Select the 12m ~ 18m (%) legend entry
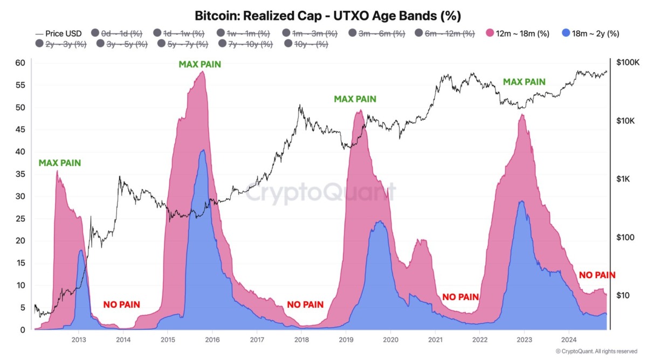(518, 33)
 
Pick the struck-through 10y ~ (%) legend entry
(306, 44)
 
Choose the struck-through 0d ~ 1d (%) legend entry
(119, 33)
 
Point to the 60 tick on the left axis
(20, 63)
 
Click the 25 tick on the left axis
(20, 219)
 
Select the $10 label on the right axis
(624, 295)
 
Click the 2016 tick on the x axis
(212, 340)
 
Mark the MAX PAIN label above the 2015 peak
(199, 65)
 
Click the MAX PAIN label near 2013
(59, 163)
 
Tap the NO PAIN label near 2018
(305, 304)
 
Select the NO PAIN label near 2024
(597, 275)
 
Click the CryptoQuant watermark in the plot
(320, 192)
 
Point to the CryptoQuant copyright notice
(596, 350)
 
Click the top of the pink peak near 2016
(202, 72)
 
